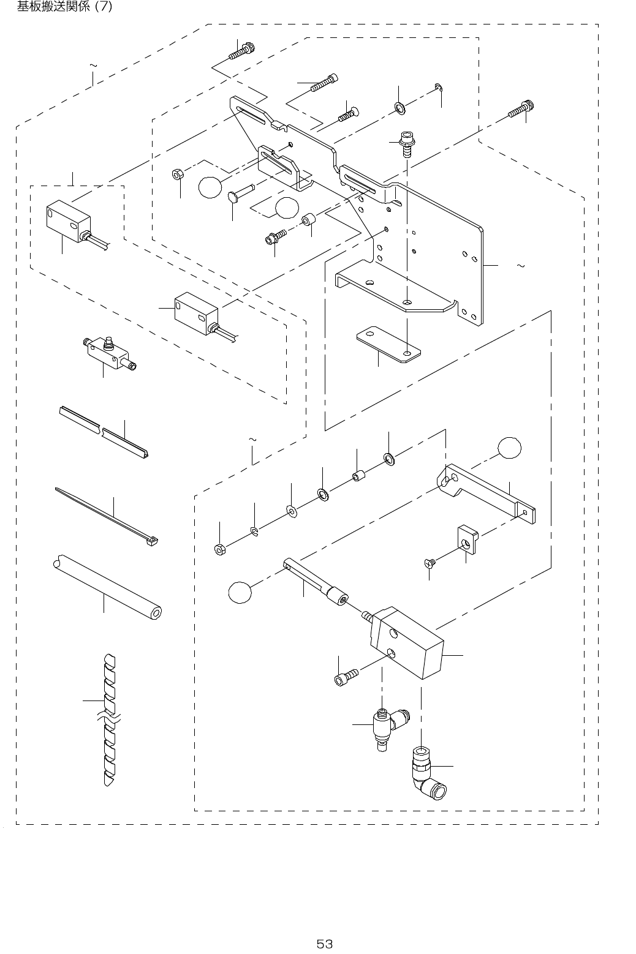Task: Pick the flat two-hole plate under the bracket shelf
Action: pos(388,346)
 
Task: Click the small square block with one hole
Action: pos(466,539)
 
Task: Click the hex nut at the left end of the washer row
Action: pos(219,548)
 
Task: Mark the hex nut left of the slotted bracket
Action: pos(176,175)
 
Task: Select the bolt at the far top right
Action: pos(518,110)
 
